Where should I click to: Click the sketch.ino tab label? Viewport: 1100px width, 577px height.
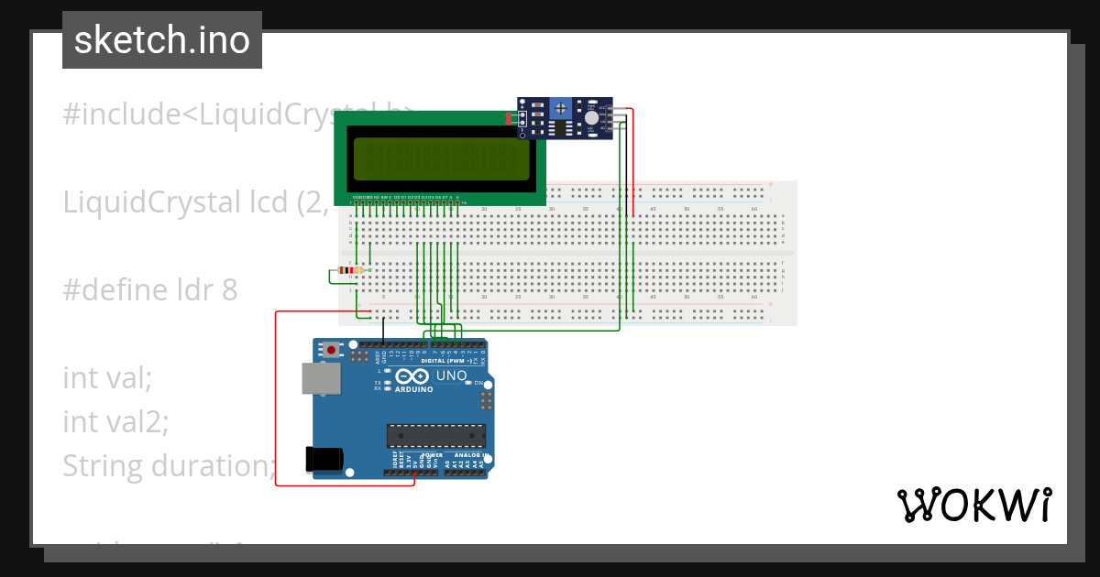(x=162, y=40)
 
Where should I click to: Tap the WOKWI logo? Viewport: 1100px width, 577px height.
(x=973, y=505)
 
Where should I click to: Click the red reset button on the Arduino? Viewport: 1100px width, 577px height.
(x=331, y=349)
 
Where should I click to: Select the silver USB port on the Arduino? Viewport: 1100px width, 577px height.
(x=321, y=378)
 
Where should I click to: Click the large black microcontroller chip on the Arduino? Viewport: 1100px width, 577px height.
(x=435, y=436)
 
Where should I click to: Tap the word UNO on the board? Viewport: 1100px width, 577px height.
(x=451, y=376)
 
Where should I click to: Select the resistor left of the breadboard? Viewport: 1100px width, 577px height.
(x=349, y=270)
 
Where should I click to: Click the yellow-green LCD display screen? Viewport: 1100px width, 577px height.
(x=441, y=159)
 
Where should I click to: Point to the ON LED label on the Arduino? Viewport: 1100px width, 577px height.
(x=478, y=383)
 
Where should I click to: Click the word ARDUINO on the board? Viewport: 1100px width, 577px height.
(x=413, y=388)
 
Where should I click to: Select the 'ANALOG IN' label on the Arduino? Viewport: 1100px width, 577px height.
(x=468, y=455)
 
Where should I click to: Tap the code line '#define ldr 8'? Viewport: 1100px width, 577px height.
(x=150, y=290)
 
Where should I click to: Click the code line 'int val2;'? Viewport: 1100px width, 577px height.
(x=115, y=422)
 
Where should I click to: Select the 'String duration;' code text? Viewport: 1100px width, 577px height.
(x=169, y=466)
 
